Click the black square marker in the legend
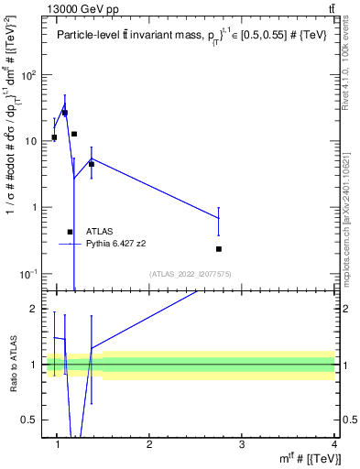click(x=71, y=232)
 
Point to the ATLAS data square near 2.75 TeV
click(x=219, y=249)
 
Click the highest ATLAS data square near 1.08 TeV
click(x=64, y=113)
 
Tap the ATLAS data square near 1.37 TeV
click(x=92, y=164)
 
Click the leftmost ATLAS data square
click(x=55, y=137)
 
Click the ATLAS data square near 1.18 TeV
click(x=74, y=134)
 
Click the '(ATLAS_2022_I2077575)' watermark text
click(x=190, y=274)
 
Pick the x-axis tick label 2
click(x=149, y=446)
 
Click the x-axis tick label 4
click(x=334, y=446)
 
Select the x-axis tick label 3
click(x=242, y=446)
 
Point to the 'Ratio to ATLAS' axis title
click(x=13, y=364)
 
